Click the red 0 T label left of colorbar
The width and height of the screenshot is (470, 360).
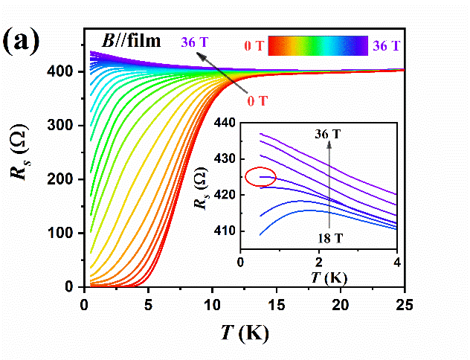253,47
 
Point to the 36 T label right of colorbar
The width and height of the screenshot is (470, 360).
387,46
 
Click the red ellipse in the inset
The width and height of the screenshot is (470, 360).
260,177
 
